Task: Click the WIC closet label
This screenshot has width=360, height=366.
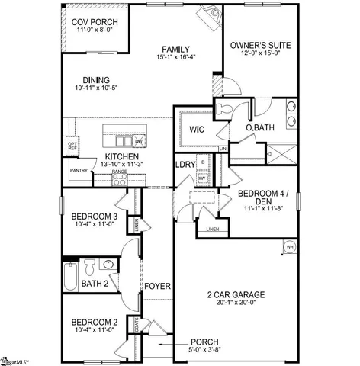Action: [x=195, y=129]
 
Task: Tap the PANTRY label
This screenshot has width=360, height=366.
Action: [x=79, y=171]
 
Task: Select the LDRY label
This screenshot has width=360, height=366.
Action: [x=185, y=165]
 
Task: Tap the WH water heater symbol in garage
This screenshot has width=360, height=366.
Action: [x=289, y=246]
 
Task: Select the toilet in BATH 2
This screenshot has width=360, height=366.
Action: [x=89, y=267]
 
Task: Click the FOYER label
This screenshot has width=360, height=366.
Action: [x=158, y=286]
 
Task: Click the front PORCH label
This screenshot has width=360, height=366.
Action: [x=204, y=341]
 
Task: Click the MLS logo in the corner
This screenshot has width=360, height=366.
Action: [x=17, y=358]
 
